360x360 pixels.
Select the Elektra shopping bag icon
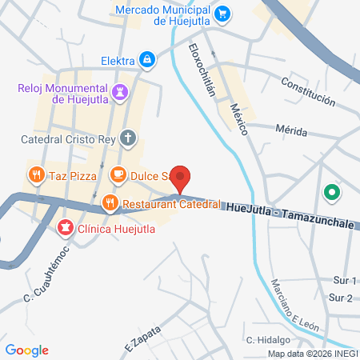(147, 59)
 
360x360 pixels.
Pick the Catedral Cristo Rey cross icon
(127, 138)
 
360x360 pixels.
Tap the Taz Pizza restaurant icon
(36, 174)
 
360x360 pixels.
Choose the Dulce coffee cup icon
(118, 174)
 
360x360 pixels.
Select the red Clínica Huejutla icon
(63, 228)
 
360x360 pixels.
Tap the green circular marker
(330, 193)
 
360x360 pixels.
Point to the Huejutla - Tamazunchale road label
(290, 207)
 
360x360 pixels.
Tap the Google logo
(27, 350)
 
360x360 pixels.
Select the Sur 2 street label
(341, 298)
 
